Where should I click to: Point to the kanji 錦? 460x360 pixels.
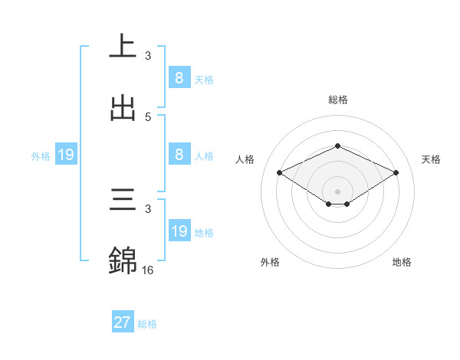click(x=123, y=260)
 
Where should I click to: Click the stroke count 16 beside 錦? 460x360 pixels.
click(x=149, y=270)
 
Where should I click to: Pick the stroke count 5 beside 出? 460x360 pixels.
click(x=148, y=116)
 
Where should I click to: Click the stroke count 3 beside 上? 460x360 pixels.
click(x=148, y=55)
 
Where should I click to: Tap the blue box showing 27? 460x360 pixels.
click(x=123, y=322)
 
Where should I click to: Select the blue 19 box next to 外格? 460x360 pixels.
click(x=66, y=155)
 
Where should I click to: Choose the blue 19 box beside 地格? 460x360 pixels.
click(x=179, y=231)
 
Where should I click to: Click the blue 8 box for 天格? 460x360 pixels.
click(x=179, y=78)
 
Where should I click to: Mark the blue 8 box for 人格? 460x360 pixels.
click(x=179, y=155)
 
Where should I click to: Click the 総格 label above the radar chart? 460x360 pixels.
click(x=338, y=100)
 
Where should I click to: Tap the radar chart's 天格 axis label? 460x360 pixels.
click(x=431, y=159)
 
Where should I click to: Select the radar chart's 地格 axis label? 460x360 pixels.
click(x=402, y=262)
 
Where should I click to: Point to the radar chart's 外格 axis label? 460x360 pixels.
click(x=270, y=262)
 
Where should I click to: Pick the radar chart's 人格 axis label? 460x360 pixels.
click(x=245, y=159)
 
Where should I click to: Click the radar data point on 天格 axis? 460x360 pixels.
click(x=396, y=172)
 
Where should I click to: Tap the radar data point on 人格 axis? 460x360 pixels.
click(x=280, y=172)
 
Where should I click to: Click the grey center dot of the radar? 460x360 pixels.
click(x=338, y=191)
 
